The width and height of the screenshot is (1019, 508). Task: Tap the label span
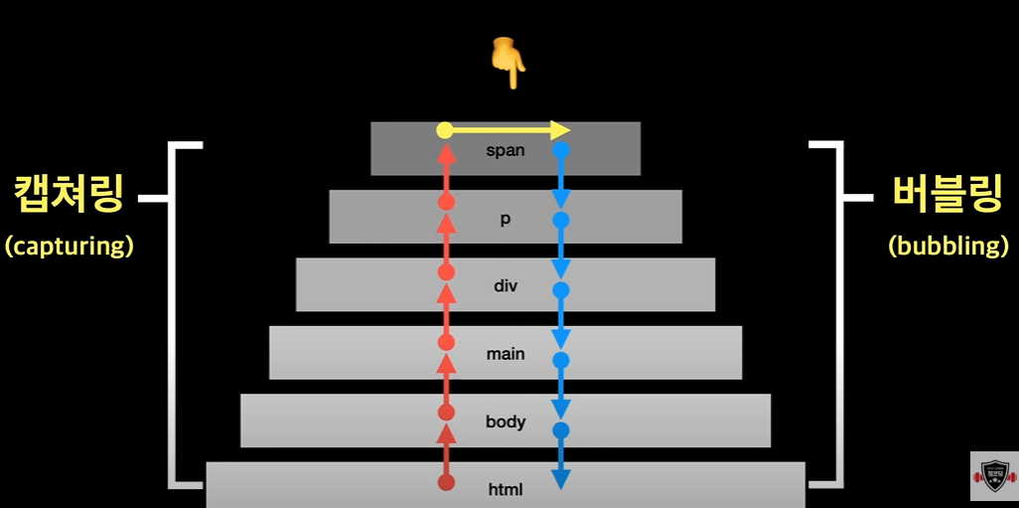click(505, 152)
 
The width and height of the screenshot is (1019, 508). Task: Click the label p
click(506, 220)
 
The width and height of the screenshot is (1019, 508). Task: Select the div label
click(506, 287)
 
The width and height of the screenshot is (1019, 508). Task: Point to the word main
click(506, 354)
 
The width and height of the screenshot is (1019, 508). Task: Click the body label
click(506, 422)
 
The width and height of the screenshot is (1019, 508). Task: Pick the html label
click(506, 489)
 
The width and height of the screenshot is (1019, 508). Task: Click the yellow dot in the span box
click(445, 130)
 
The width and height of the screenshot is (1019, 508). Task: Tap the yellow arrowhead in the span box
click(561, 130)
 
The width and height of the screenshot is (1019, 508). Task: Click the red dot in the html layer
click(446, 483)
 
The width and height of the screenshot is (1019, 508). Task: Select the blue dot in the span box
click(561, 151)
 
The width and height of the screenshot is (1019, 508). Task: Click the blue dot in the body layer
click(561, 430)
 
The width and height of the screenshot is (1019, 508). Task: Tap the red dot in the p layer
click(446, 202)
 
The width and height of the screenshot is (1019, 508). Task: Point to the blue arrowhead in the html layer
click(561, 480)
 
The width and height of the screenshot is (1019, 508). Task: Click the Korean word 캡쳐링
click(69, 195)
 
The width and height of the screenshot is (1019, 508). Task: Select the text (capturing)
click(69, 246)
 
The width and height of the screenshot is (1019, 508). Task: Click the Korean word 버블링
click(945, 195)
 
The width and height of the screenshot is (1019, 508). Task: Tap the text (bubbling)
click(949, 246)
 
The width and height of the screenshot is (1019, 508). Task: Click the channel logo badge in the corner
click(993, 476)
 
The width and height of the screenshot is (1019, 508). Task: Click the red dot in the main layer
click(446, 342)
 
